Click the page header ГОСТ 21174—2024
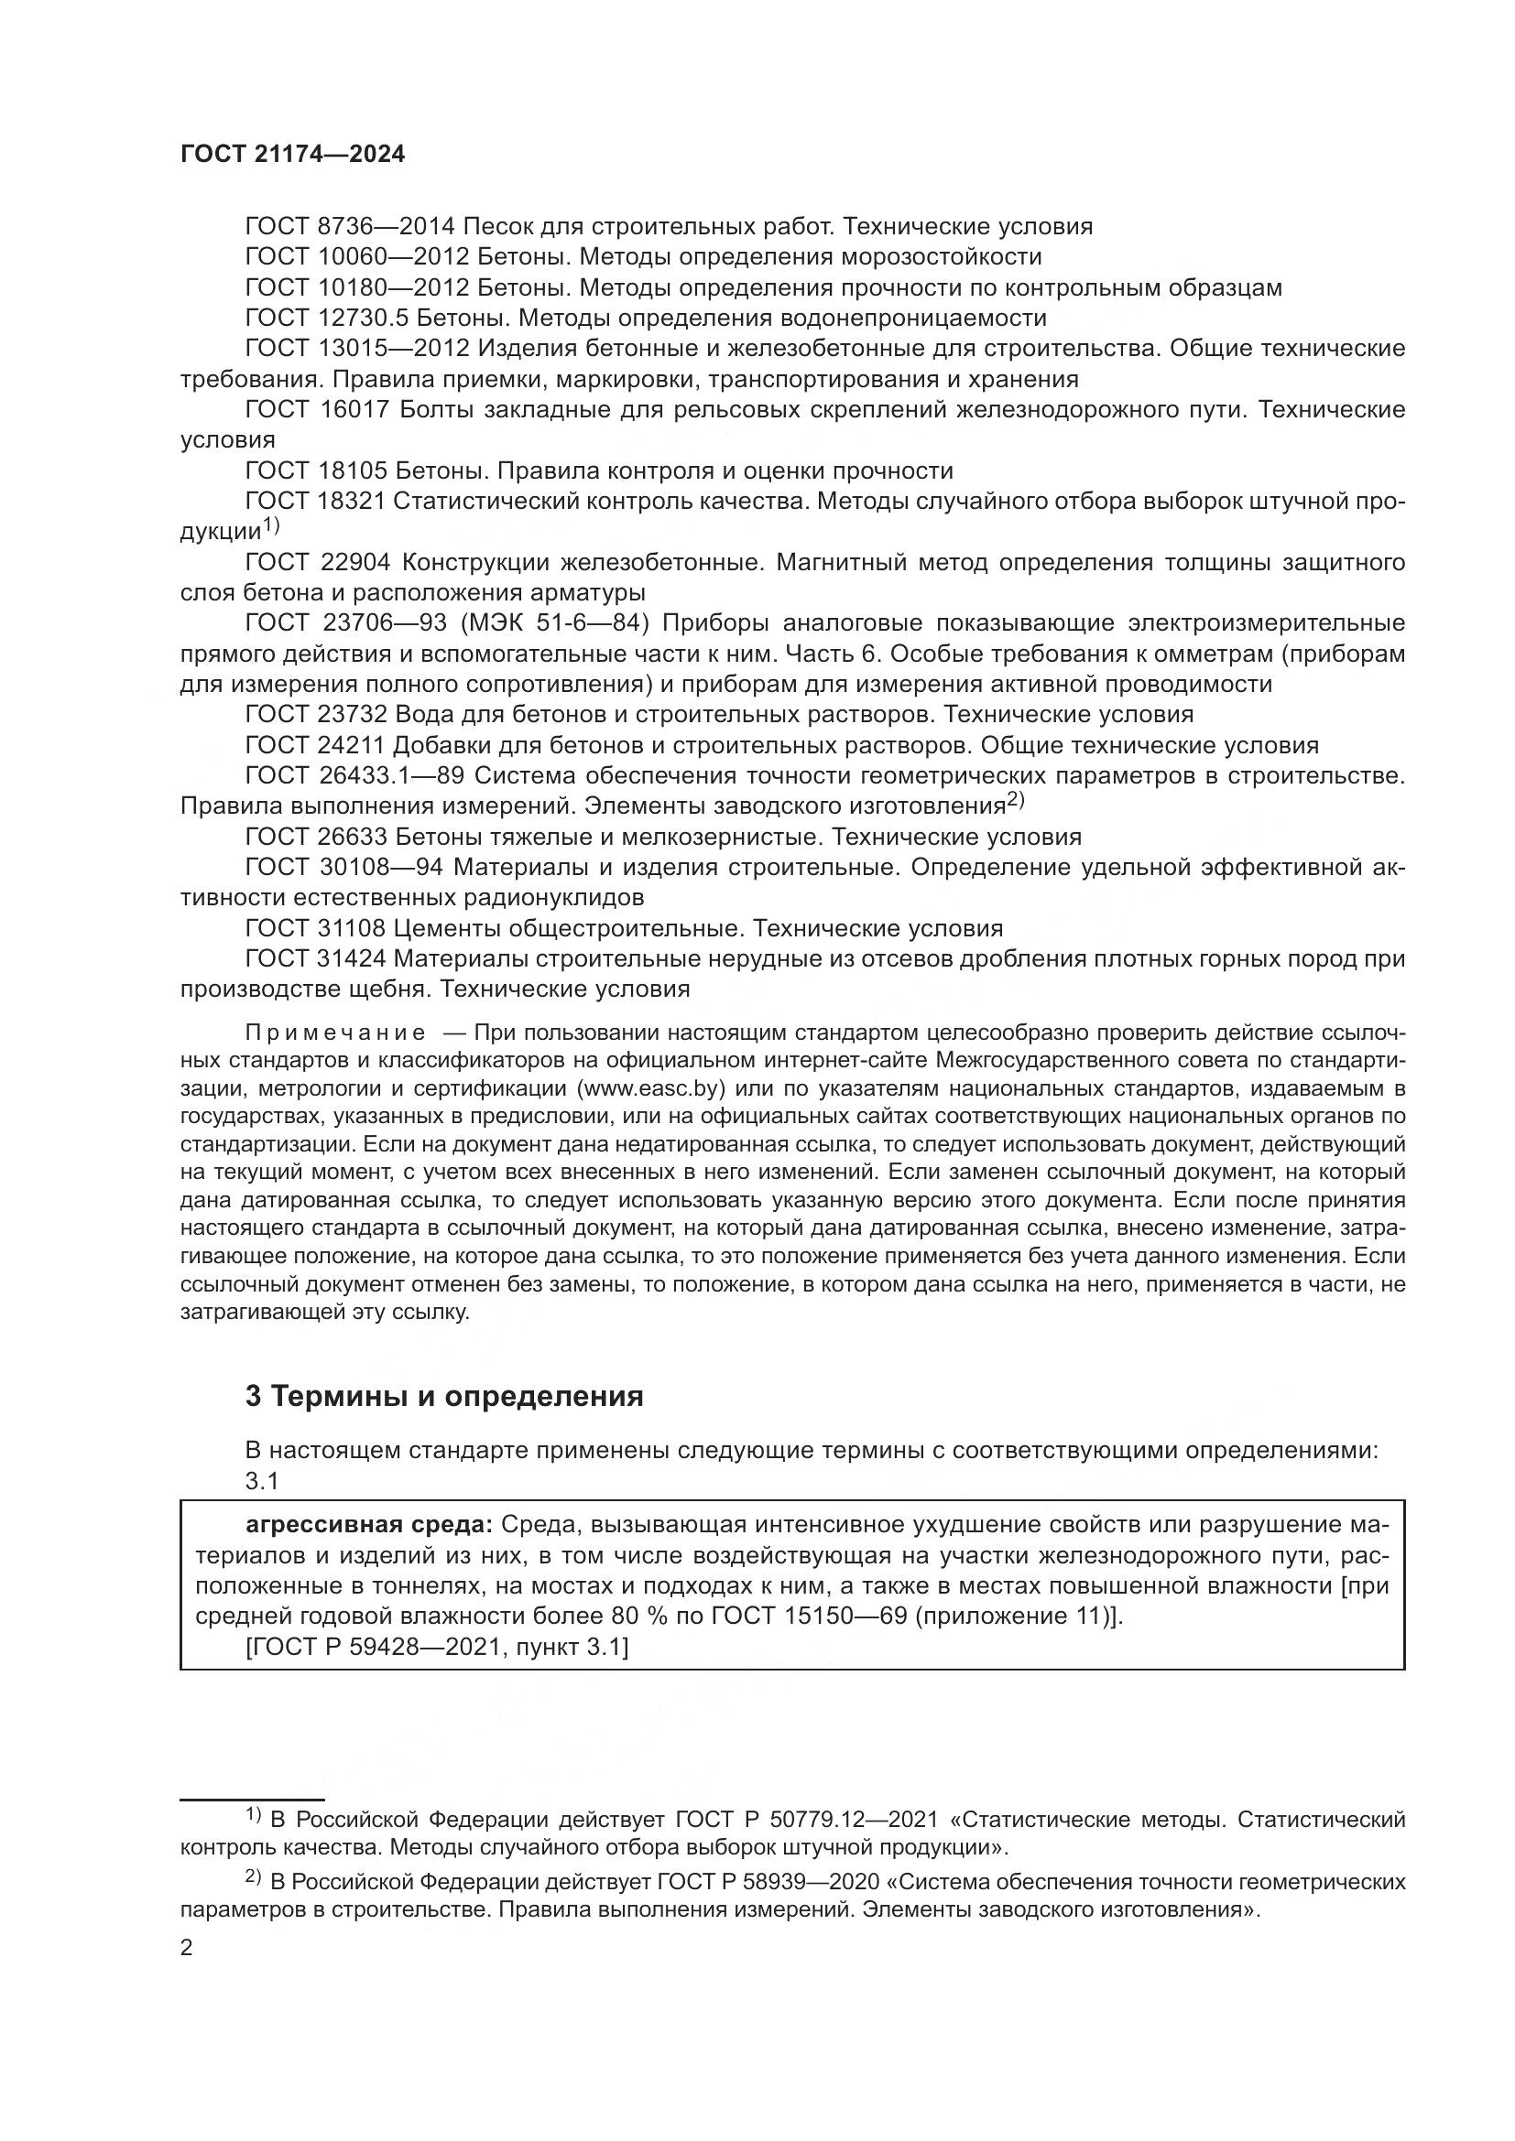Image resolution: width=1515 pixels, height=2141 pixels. pos(293,155)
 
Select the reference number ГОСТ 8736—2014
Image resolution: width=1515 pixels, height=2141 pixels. pos(349,227)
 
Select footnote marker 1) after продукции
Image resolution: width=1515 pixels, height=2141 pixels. pos(270,526)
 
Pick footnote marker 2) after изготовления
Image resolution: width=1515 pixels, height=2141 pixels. pos(1015,800)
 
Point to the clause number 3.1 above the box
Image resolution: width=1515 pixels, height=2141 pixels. pos(262,1481)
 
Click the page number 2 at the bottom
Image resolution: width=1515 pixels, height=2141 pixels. pos(187,1948)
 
